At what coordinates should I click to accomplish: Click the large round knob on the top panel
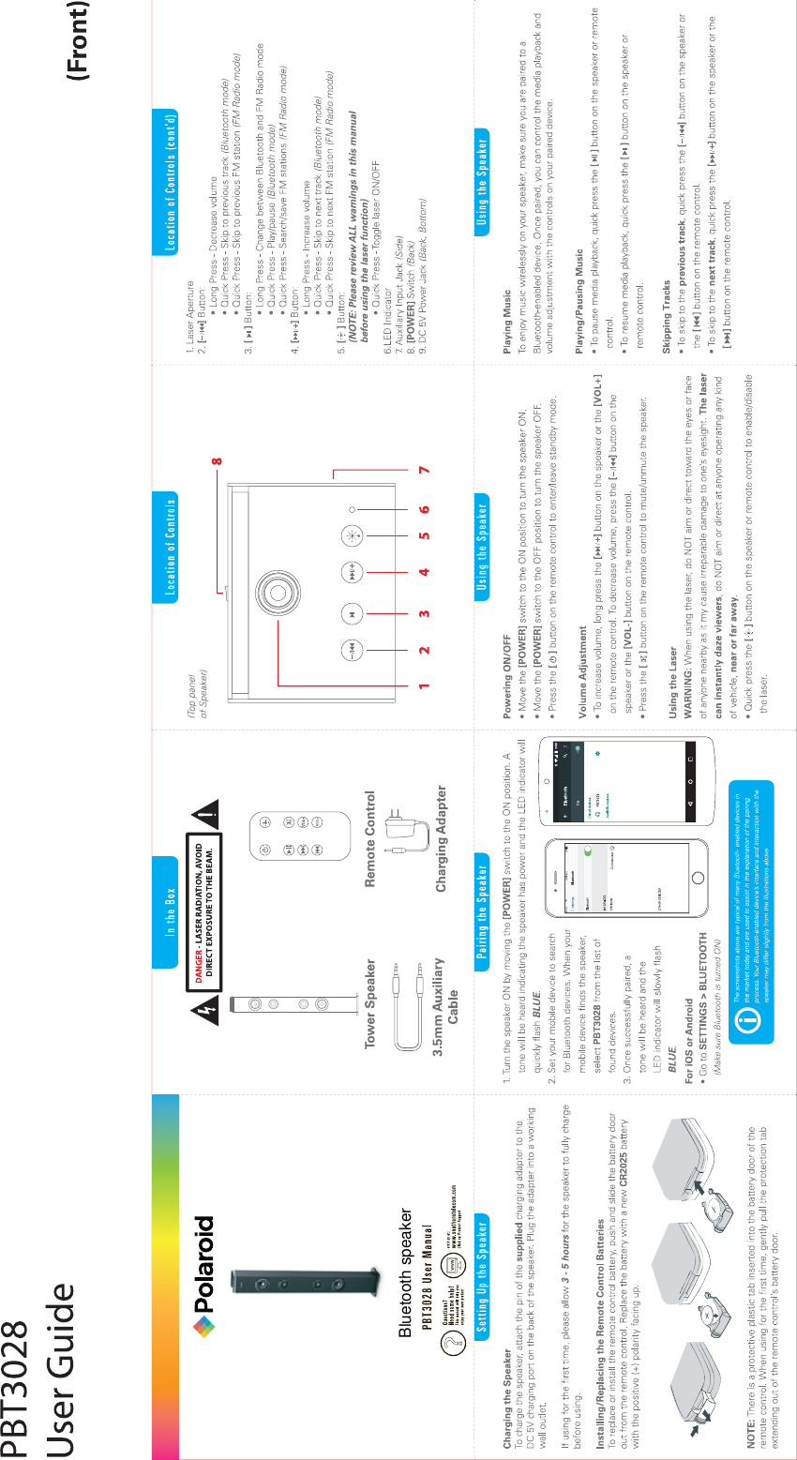[278, 590]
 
